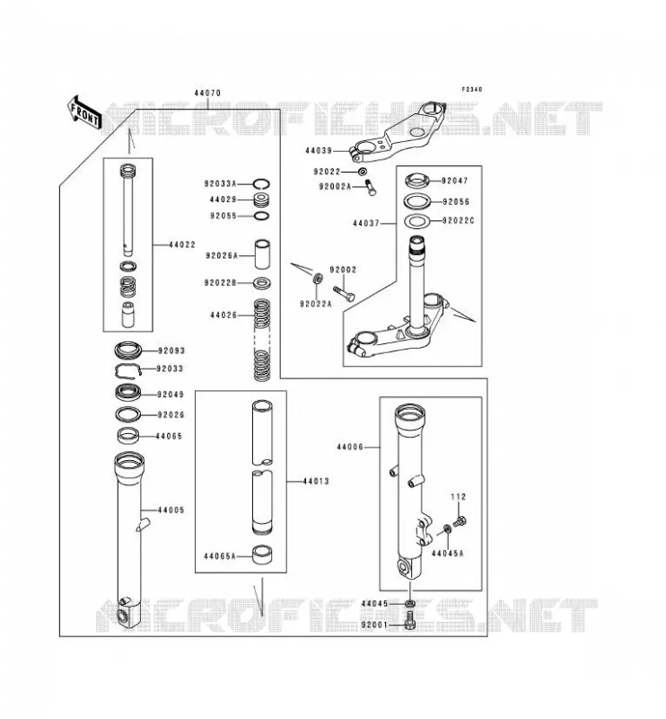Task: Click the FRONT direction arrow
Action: coord(83,113)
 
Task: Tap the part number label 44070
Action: coord(207,93)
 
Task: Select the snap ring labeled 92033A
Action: coord(261,184)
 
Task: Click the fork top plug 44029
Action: coord(261,200)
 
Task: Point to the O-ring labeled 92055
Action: coord(261,216)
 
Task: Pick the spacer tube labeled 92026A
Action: coord(262,254)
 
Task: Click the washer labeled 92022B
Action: coord(261,283)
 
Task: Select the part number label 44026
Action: coord(223,315)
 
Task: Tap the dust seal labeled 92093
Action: coord(128,351)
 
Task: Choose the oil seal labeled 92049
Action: coord(127,394)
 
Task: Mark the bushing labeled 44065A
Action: coord(262,554)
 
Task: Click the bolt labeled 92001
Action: coord(410,621)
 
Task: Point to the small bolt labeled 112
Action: coord(460,521)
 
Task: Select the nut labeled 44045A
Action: coord(448,529)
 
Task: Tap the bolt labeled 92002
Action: coord(344,294)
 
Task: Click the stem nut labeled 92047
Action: coord(416,181)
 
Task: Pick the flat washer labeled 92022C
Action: coord(416,221)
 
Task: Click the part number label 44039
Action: coord(319,150)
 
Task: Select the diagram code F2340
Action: coord(472,89)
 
